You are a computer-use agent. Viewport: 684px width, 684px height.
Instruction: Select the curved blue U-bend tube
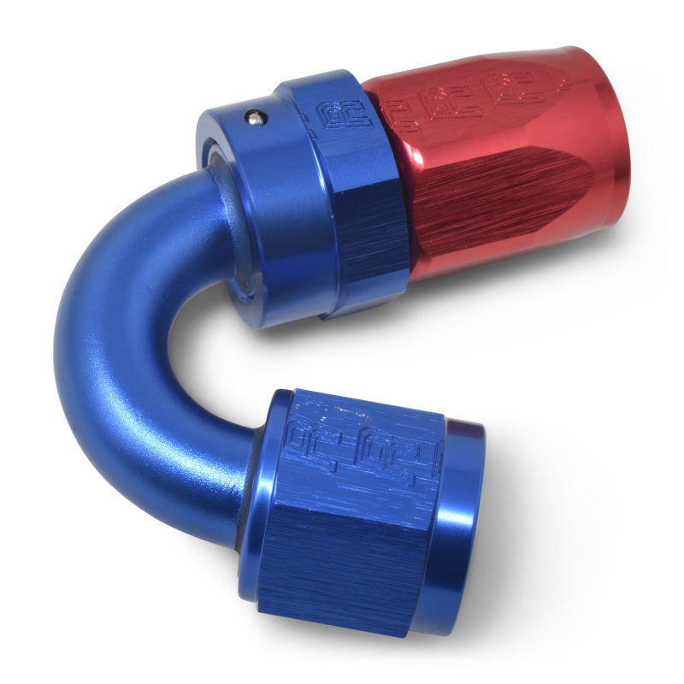pos(111,342)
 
